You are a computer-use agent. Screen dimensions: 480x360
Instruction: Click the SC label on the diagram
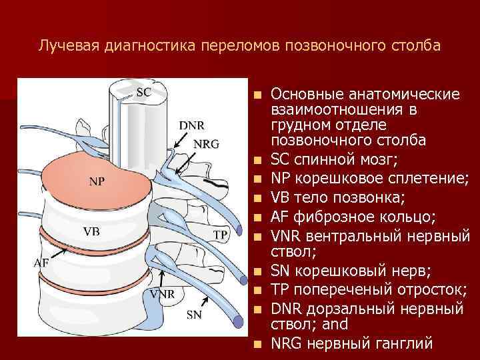coord(144,93)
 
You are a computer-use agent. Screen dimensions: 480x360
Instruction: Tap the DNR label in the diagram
coord(191,125)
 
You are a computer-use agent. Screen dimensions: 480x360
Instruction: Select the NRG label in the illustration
coord(206,143)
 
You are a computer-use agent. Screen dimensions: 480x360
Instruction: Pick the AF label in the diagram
coord(41,262)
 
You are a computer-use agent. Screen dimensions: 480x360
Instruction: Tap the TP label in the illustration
coord(221,234)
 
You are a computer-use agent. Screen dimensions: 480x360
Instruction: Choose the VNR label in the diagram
coord(163,294)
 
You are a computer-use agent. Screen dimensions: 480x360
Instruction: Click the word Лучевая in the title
coord(65,47)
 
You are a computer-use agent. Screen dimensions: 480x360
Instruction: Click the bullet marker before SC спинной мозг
coord(257,162)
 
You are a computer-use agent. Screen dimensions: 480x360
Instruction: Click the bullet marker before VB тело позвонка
coord(257,198)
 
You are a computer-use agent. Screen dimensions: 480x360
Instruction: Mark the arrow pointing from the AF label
coord(64,255)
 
